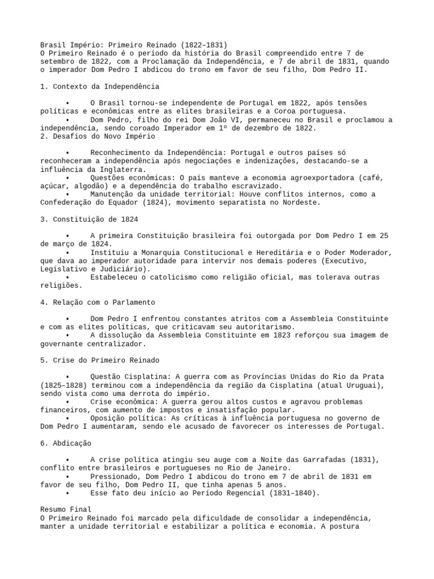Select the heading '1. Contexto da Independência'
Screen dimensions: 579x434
pos(99,87)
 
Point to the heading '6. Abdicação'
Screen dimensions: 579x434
pos(66,443)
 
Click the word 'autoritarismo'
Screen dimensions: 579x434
pos(265,327)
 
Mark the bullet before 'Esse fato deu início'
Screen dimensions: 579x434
pos(68,492)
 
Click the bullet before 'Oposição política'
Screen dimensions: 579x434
pos(68,418)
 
